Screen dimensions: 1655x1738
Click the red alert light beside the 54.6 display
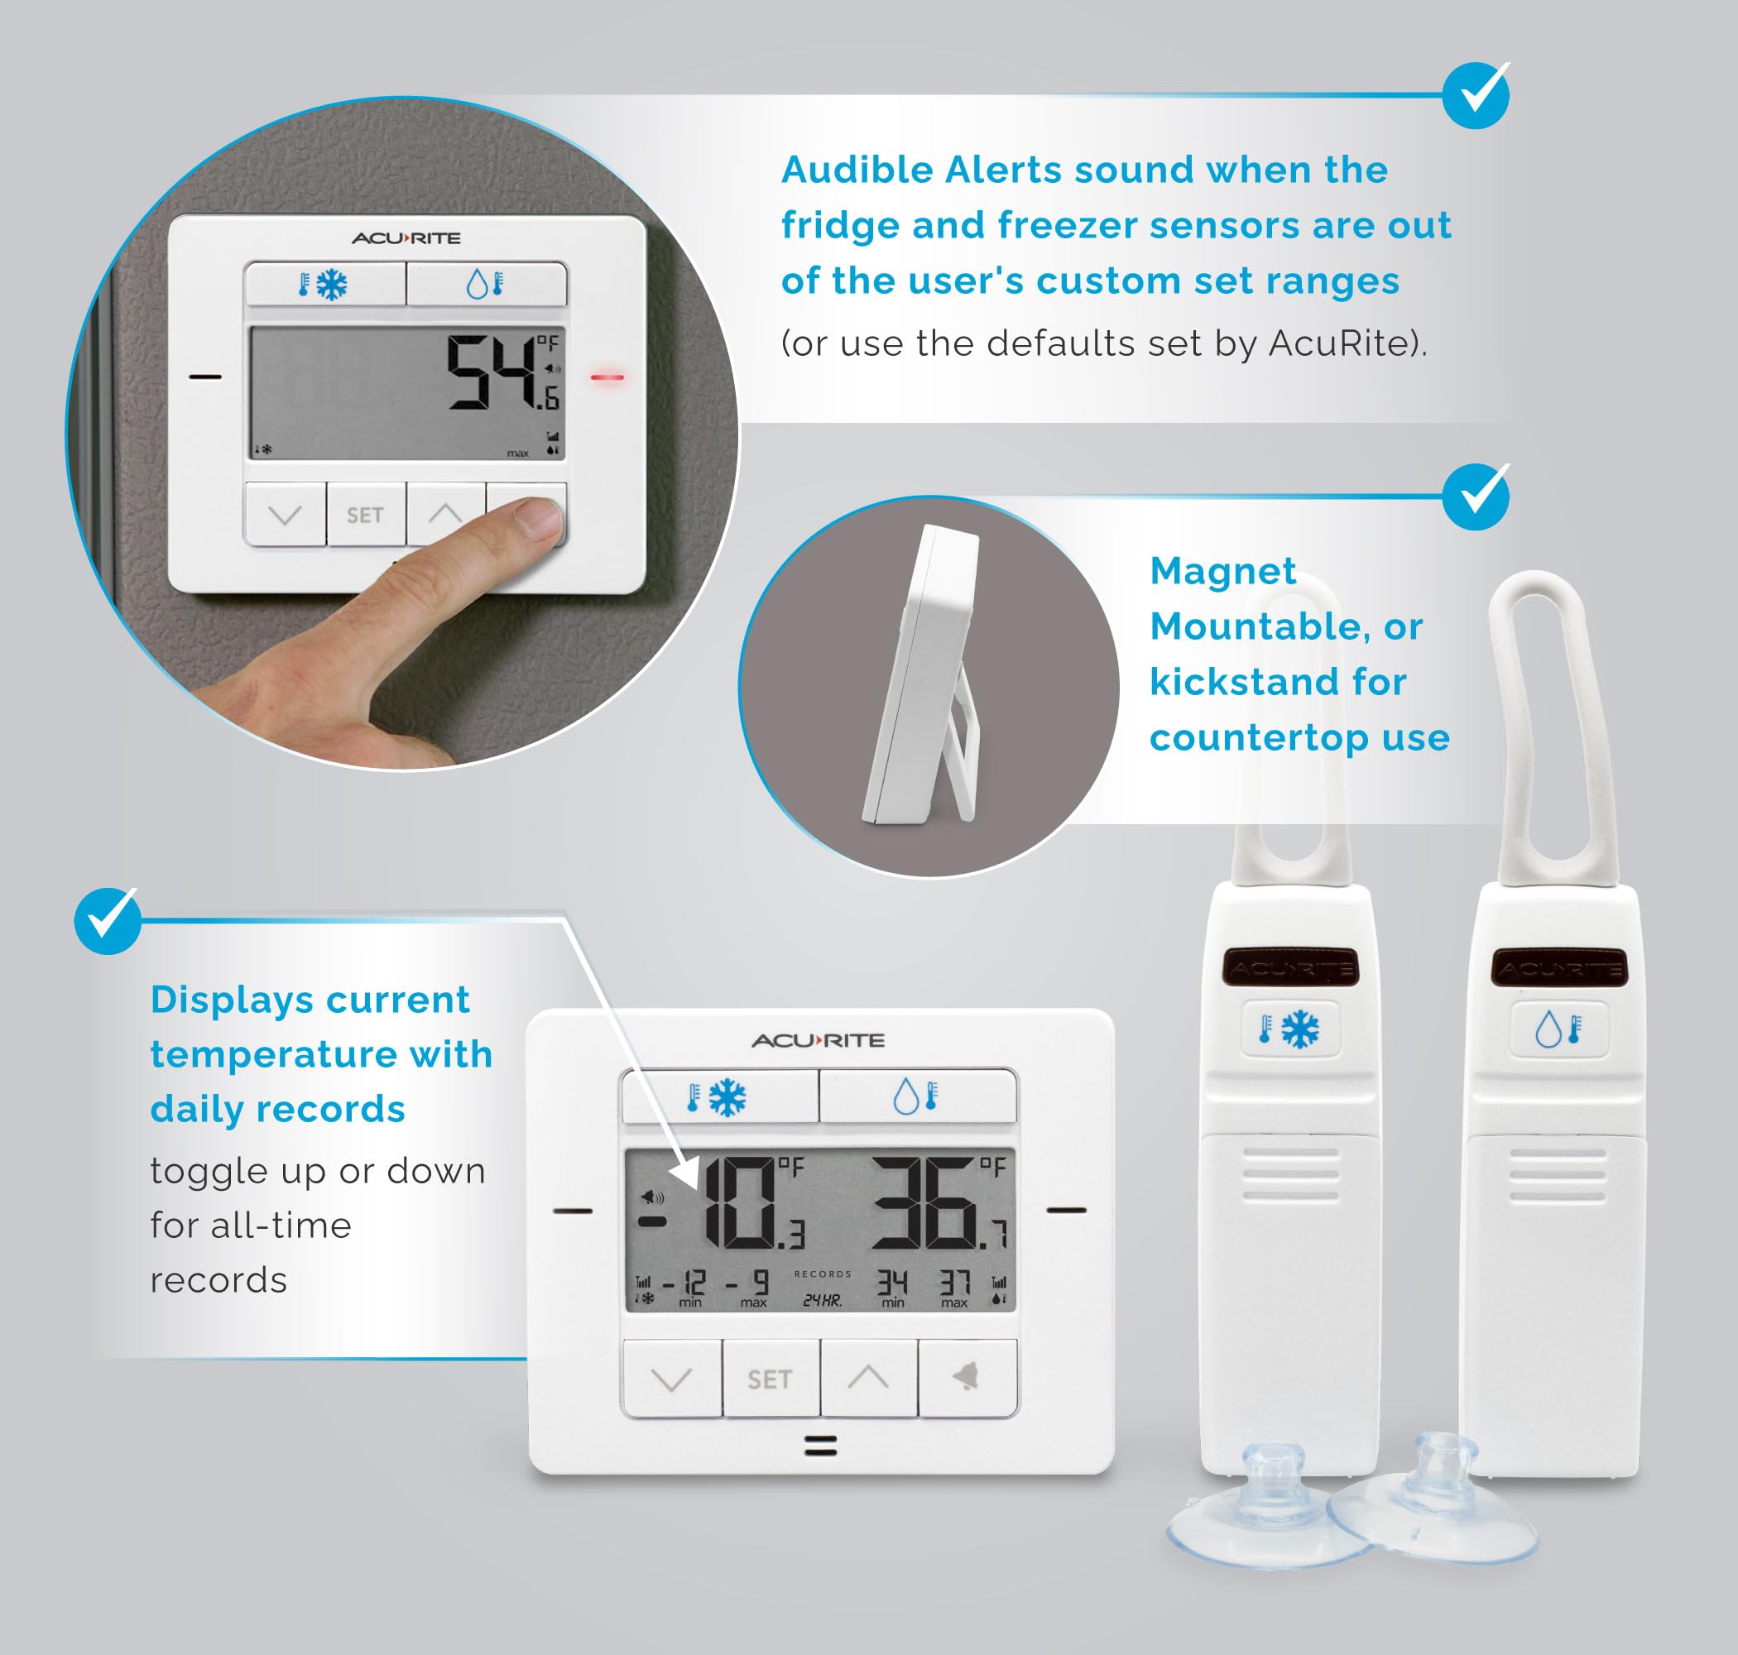[x=607, y=377]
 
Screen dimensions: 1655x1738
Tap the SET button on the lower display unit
[x=771, y=1379]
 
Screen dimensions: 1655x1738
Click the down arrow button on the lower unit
[x=671, y=1379]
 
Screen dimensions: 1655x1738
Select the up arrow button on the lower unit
[x=868, y=1378]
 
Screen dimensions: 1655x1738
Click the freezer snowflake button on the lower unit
[x=719, y=1097]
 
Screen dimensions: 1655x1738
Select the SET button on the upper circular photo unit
[x=365, y=516]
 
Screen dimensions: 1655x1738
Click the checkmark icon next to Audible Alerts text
[x=1476, y=95]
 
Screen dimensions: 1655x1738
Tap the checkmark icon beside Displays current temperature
[x=108, y=920]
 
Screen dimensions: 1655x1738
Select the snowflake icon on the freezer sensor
[x=1299, y=1029]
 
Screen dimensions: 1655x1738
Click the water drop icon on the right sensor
[x=1548, y=1029]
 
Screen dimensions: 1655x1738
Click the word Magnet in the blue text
[x=1222, y=571]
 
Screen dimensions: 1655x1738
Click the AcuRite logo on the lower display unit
[x=818, y=1041]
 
